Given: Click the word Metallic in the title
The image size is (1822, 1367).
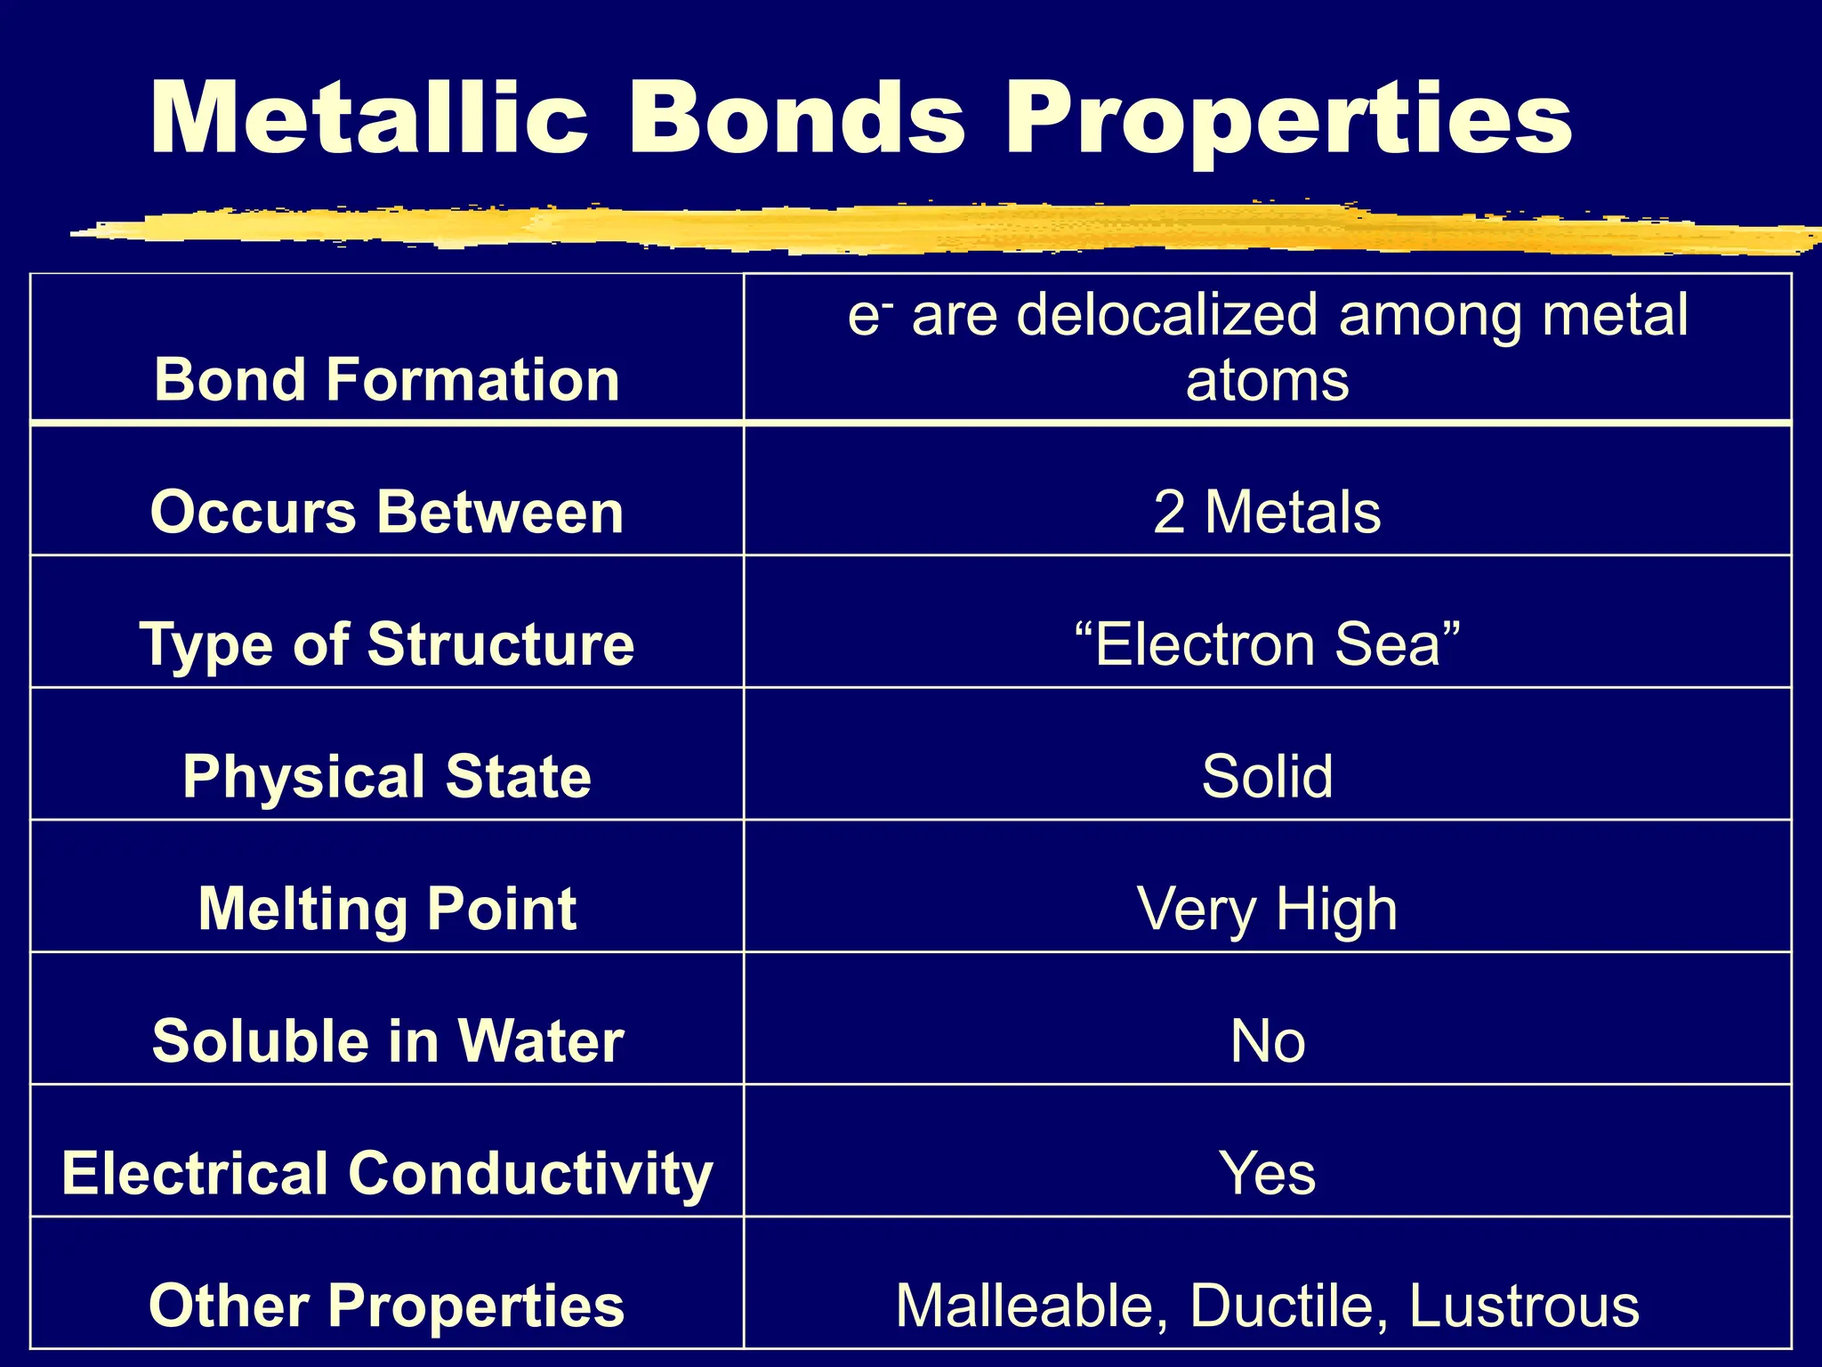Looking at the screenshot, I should [369, 118].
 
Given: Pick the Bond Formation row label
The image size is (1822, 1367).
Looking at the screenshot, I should [387, 380].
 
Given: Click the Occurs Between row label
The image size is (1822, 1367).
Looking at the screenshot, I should [387, 513].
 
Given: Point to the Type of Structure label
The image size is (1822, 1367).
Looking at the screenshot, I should [387, 644].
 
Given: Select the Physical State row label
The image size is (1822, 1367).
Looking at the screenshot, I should [387, 776].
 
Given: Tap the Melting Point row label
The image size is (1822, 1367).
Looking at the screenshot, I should [387, 909].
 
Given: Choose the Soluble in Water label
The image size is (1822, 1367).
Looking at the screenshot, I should [387, 1040].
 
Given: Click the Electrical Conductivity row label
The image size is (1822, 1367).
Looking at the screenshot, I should [387, 1173].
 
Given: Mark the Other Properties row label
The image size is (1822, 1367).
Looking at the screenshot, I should [387, 1306].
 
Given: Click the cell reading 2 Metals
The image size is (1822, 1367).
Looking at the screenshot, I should [1267, 513].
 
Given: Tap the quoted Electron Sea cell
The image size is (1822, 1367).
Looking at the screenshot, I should [1267, 644].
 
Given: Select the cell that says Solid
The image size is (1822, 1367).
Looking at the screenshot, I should [1267, 776].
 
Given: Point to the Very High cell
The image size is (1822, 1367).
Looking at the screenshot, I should [1267, 910].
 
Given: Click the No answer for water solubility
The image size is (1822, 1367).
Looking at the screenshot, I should [1267, 1041].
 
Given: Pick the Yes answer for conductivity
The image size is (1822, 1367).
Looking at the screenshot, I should [1267, 1173].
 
